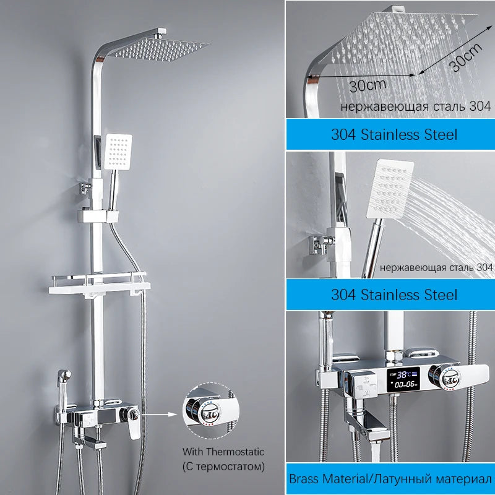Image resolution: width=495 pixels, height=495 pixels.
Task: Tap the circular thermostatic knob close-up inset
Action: pyautogui.click(x=211, y=410)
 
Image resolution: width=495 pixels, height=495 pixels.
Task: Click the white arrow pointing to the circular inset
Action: pyautogui.click(x=159, y=414)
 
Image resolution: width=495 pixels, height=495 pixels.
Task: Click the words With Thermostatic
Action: pyautogui.click(x=223, y=452)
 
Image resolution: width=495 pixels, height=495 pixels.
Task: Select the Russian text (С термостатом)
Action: pyautogui.click(x=223, y=467)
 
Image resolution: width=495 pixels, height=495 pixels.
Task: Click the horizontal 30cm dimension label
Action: pyautogui.click(x=368, y=85)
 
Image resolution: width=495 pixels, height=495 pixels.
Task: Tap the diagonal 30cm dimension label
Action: pyautogui.click(x=466, y=57)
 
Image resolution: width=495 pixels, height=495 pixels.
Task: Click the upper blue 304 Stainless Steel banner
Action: pyautogui.click(x=390, y=134)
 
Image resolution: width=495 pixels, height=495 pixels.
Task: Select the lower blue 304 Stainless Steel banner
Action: pyautogui.click(x=390, y=295)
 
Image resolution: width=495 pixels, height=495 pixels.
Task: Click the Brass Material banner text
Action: pyautogui.click(x=390, y=478)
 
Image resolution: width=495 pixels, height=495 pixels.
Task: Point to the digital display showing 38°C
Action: pyautogui.click(x=403, y=379)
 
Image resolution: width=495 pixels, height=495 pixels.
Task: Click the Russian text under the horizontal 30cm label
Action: pyautogui.click(x=416, y=106)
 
